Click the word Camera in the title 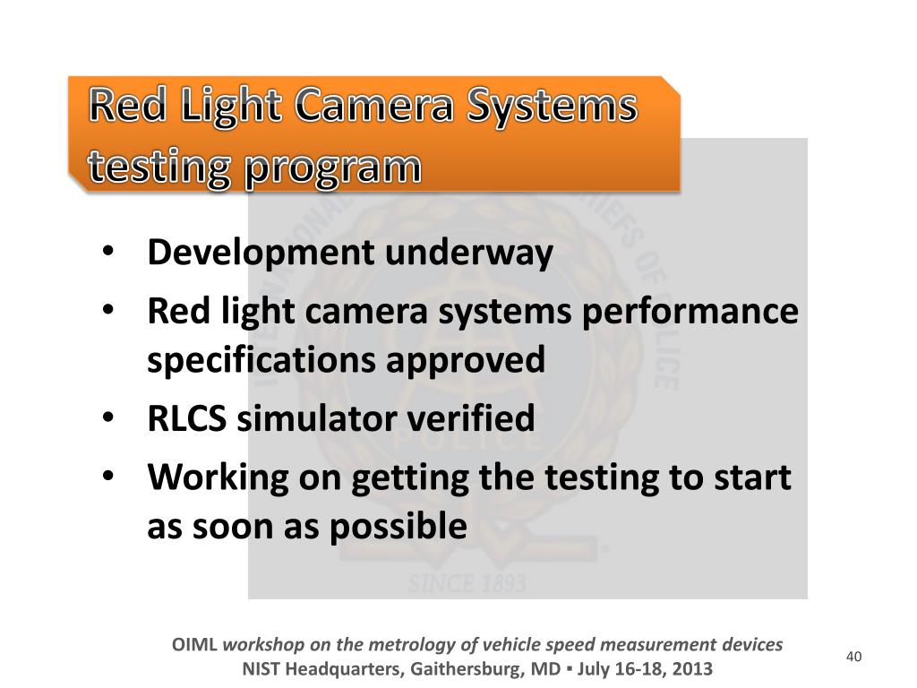pos(373,107)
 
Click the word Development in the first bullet pos(261,254)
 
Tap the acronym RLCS pos(188,418)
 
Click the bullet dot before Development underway pos(107,253)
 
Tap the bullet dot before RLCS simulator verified pos(107,417)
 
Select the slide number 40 pos(853,658)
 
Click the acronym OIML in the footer pos(194,644)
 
